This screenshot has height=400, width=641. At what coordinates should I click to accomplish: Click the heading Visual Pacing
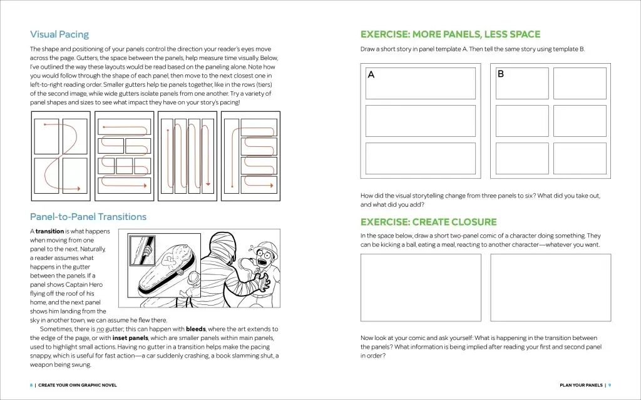[59, 34]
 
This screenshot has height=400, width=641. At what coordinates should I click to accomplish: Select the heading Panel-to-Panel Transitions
[88, 217]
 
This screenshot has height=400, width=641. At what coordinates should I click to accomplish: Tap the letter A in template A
[371, 75]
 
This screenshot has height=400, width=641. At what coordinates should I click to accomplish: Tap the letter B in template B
[500, 74]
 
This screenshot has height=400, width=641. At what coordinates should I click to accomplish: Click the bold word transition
[50, 231]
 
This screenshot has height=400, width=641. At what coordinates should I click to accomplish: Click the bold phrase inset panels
[130, 338]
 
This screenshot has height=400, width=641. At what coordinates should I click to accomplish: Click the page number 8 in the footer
[31, 385]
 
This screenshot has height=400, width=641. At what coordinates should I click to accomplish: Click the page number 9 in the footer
[610, 385]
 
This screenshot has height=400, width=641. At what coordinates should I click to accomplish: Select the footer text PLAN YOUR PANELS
[581, 385]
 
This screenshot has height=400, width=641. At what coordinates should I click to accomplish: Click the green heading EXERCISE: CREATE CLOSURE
[429, 222]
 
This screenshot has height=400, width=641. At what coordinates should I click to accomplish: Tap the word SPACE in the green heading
[520, 34]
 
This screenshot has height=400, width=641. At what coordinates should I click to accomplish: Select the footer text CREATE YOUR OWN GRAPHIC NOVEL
[78, 385]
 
